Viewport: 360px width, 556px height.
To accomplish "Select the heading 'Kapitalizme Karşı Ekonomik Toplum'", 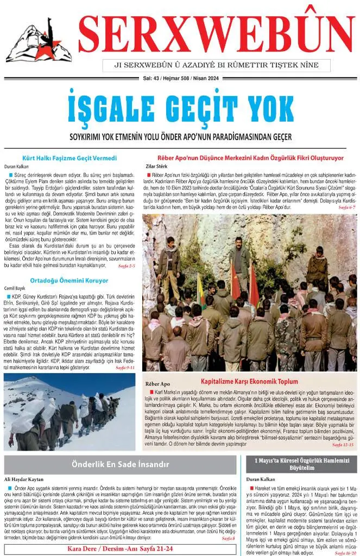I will coord(250,381).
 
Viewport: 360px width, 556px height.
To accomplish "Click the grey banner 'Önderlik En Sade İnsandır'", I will coord(121,464).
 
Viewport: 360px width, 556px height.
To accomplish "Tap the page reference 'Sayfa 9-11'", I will coord(127,367).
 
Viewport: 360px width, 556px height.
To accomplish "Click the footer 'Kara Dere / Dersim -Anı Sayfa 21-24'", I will coord(120,549).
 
